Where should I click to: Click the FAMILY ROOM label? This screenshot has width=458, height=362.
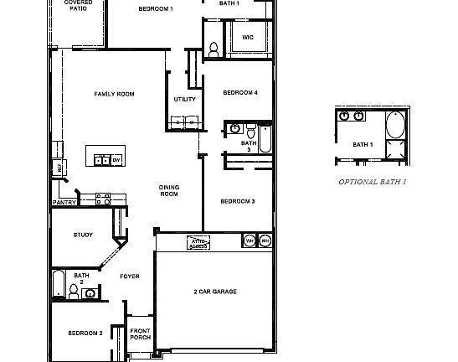pyautogui.click(x=114, y=95)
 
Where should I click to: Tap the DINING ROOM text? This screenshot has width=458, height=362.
pyautogui.click(x=169, y=190)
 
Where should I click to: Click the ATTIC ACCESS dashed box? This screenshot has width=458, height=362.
pyautogui.click(x=198, y=242)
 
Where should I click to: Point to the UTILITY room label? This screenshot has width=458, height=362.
pyautogui.click(x=184, y=100)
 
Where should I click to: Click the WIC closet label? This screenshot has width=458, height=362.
pyautogui.click(x=248, y=38)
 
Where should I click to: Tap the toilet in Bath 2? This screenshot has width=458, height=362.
pyautogui.click(x=75, y=291)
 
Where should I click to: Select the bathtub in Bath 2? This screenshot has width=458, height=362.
pyautogui.click(x=58, y=284)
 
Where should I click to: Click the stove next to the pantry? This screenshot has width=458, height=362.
pyautogui.click(x=103, y=199)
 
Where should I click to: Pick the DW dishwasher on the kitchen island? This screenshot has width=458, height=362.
pyautogui.click(x=117, y=159)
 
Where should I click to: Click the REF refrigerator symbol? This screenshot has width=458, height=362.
pyautogui.click(x=59, y=168)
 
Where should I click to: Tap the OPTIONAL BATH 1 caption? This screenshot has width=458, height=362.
pyautogui.click(x=372, y=182)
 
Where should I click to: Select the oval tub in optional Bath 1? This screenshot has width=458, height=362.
pyautogui.click(x=394, y=127)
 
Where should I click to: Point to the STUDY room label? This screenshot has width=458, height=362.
pyautogui.click(x=83, y=235)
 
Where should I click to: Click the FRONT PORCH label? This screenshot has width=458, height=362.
pyautogui.click(x=140, y=334)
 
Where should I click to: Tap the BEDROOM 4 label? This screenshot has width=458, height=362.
pyautogui.click(x=240, y=94)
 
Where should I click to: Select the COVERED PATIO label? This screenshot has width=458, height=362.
pyautogui.click(x=79, y=7)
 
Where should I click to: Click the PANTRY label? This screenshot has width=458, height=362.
pyautogui.click(x=64, y=203)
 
